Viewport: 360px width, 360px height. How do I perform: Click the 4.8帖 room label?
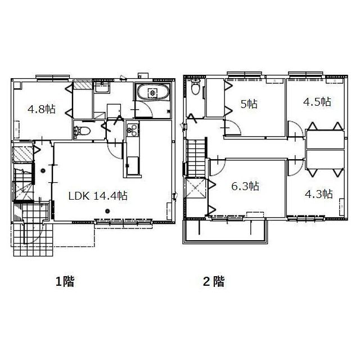click(x=42, y=109)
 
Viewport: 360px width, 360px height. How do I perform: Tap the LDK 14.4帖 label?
click(x=98, y=196)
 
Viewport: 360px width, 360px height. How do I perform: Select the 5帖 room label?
click(x=249, y=104)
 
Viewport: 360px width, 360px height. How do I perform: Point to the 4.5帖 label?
click(x=317, y=101)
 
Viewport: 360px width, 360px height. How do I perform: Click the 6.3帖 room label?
click(x=245, y=186)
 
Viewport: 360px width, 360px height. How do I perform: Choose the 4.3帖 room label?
click(x=319, y=194)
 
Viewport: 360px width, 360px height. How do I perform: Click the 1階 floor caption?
click(x=65, y=281)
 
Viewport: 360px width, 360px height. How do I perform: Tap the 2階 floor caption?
click(x=214, y=281)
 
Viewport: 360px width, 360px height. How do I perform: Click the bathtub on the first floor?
click(x=152, y=92)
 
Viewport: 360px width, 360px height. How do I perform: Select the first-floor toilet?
click(x=82, y=131)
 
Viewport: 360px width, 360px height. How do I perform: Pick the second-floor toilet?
click(x=195, y=87)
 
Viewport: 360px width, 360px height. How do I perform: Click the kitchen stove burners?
click(x=133, y=130)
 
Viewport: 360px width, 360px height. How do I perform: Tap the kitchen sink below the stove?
click(x=133, y=166)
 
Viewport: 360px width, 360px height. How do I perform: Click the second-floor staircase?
click(x=196, y=158)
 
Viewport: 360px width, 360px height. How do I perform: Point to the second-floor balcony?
click(x=225, y=231)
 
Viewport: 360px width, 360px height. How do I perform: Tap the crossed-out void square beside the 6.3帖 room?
click(x=195, y=188)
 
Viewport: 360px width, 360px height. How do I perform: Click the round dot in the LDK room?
click(x=107, y=211)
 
